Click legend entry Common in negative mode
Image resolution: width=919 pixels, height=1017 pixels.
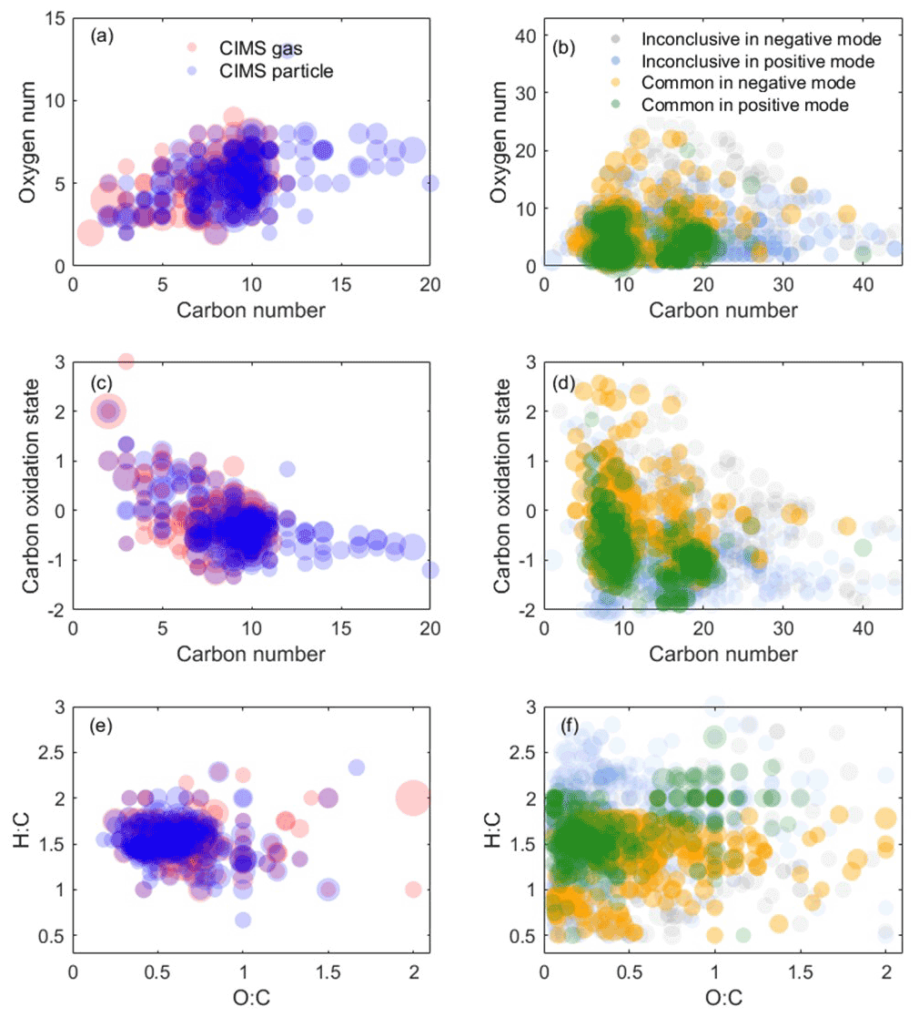coord(747,83)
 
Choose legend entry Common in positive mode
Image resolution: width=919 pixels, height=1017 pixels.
coord(745,105)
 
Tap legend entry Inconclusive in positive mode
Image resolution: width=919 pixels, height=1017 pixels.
coord(758,61)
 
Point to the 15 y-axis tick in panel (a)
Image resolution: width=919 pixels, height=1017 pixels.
coord(56,17)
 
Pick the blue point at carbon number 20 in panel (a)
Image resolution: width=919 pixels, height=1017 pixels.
coord(430,183)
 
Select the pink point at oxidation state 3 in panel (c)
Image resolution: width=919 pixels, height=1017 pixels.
coord(126,361)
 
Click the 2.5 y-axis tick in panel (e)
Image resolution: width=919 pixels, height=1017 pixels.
coord(50,752)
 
